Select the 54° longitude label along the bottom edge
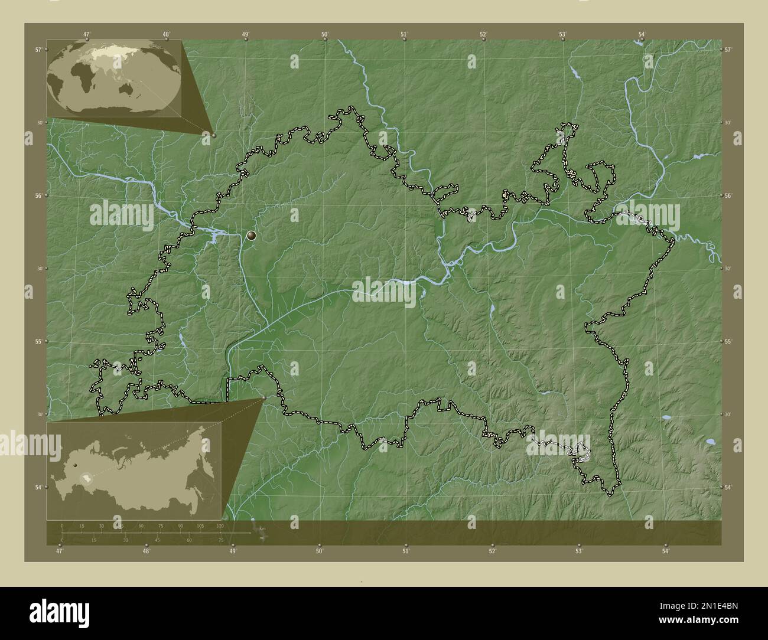tap(665, 551)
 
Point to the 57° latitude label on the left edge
tap(37, 50)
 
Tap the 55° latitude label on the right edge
tap(728, 342)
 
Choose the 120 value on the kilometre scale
tap(220, 525)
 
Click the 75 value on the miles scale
tap(221, 540)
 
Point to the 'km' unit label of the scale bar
tap(262, 528)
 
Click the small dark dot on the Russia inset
tap(76, 466)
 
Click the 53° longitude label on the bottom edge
tap(579, 551)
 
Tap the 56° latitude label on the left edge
tap(37, 195)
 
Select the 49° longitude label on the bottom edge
tap(233, 551)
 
